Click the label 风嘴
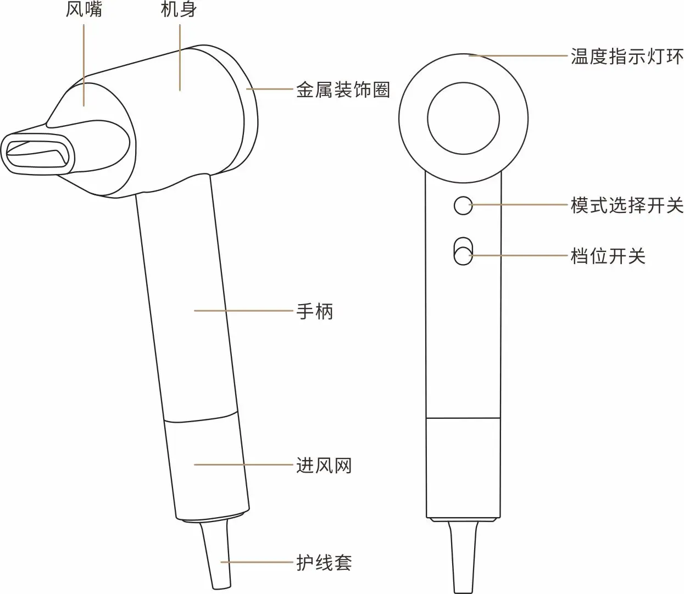[84, 10]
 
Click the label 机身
[179, 10]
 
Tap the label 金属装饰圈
[343, 89]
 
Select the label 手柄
[315, 311]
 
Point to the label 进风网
[324, 466]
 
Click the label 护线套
[324, 563]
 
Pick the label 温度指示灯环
[627, 56]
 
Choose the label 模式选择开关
[627, 205]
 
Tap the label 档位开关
[608, 256]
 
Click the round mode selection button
[463, 205]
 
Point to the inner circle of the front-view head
[463, 119]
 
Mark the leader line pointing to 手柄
[243, 311]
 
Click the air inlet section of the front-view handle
[463, 467]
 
